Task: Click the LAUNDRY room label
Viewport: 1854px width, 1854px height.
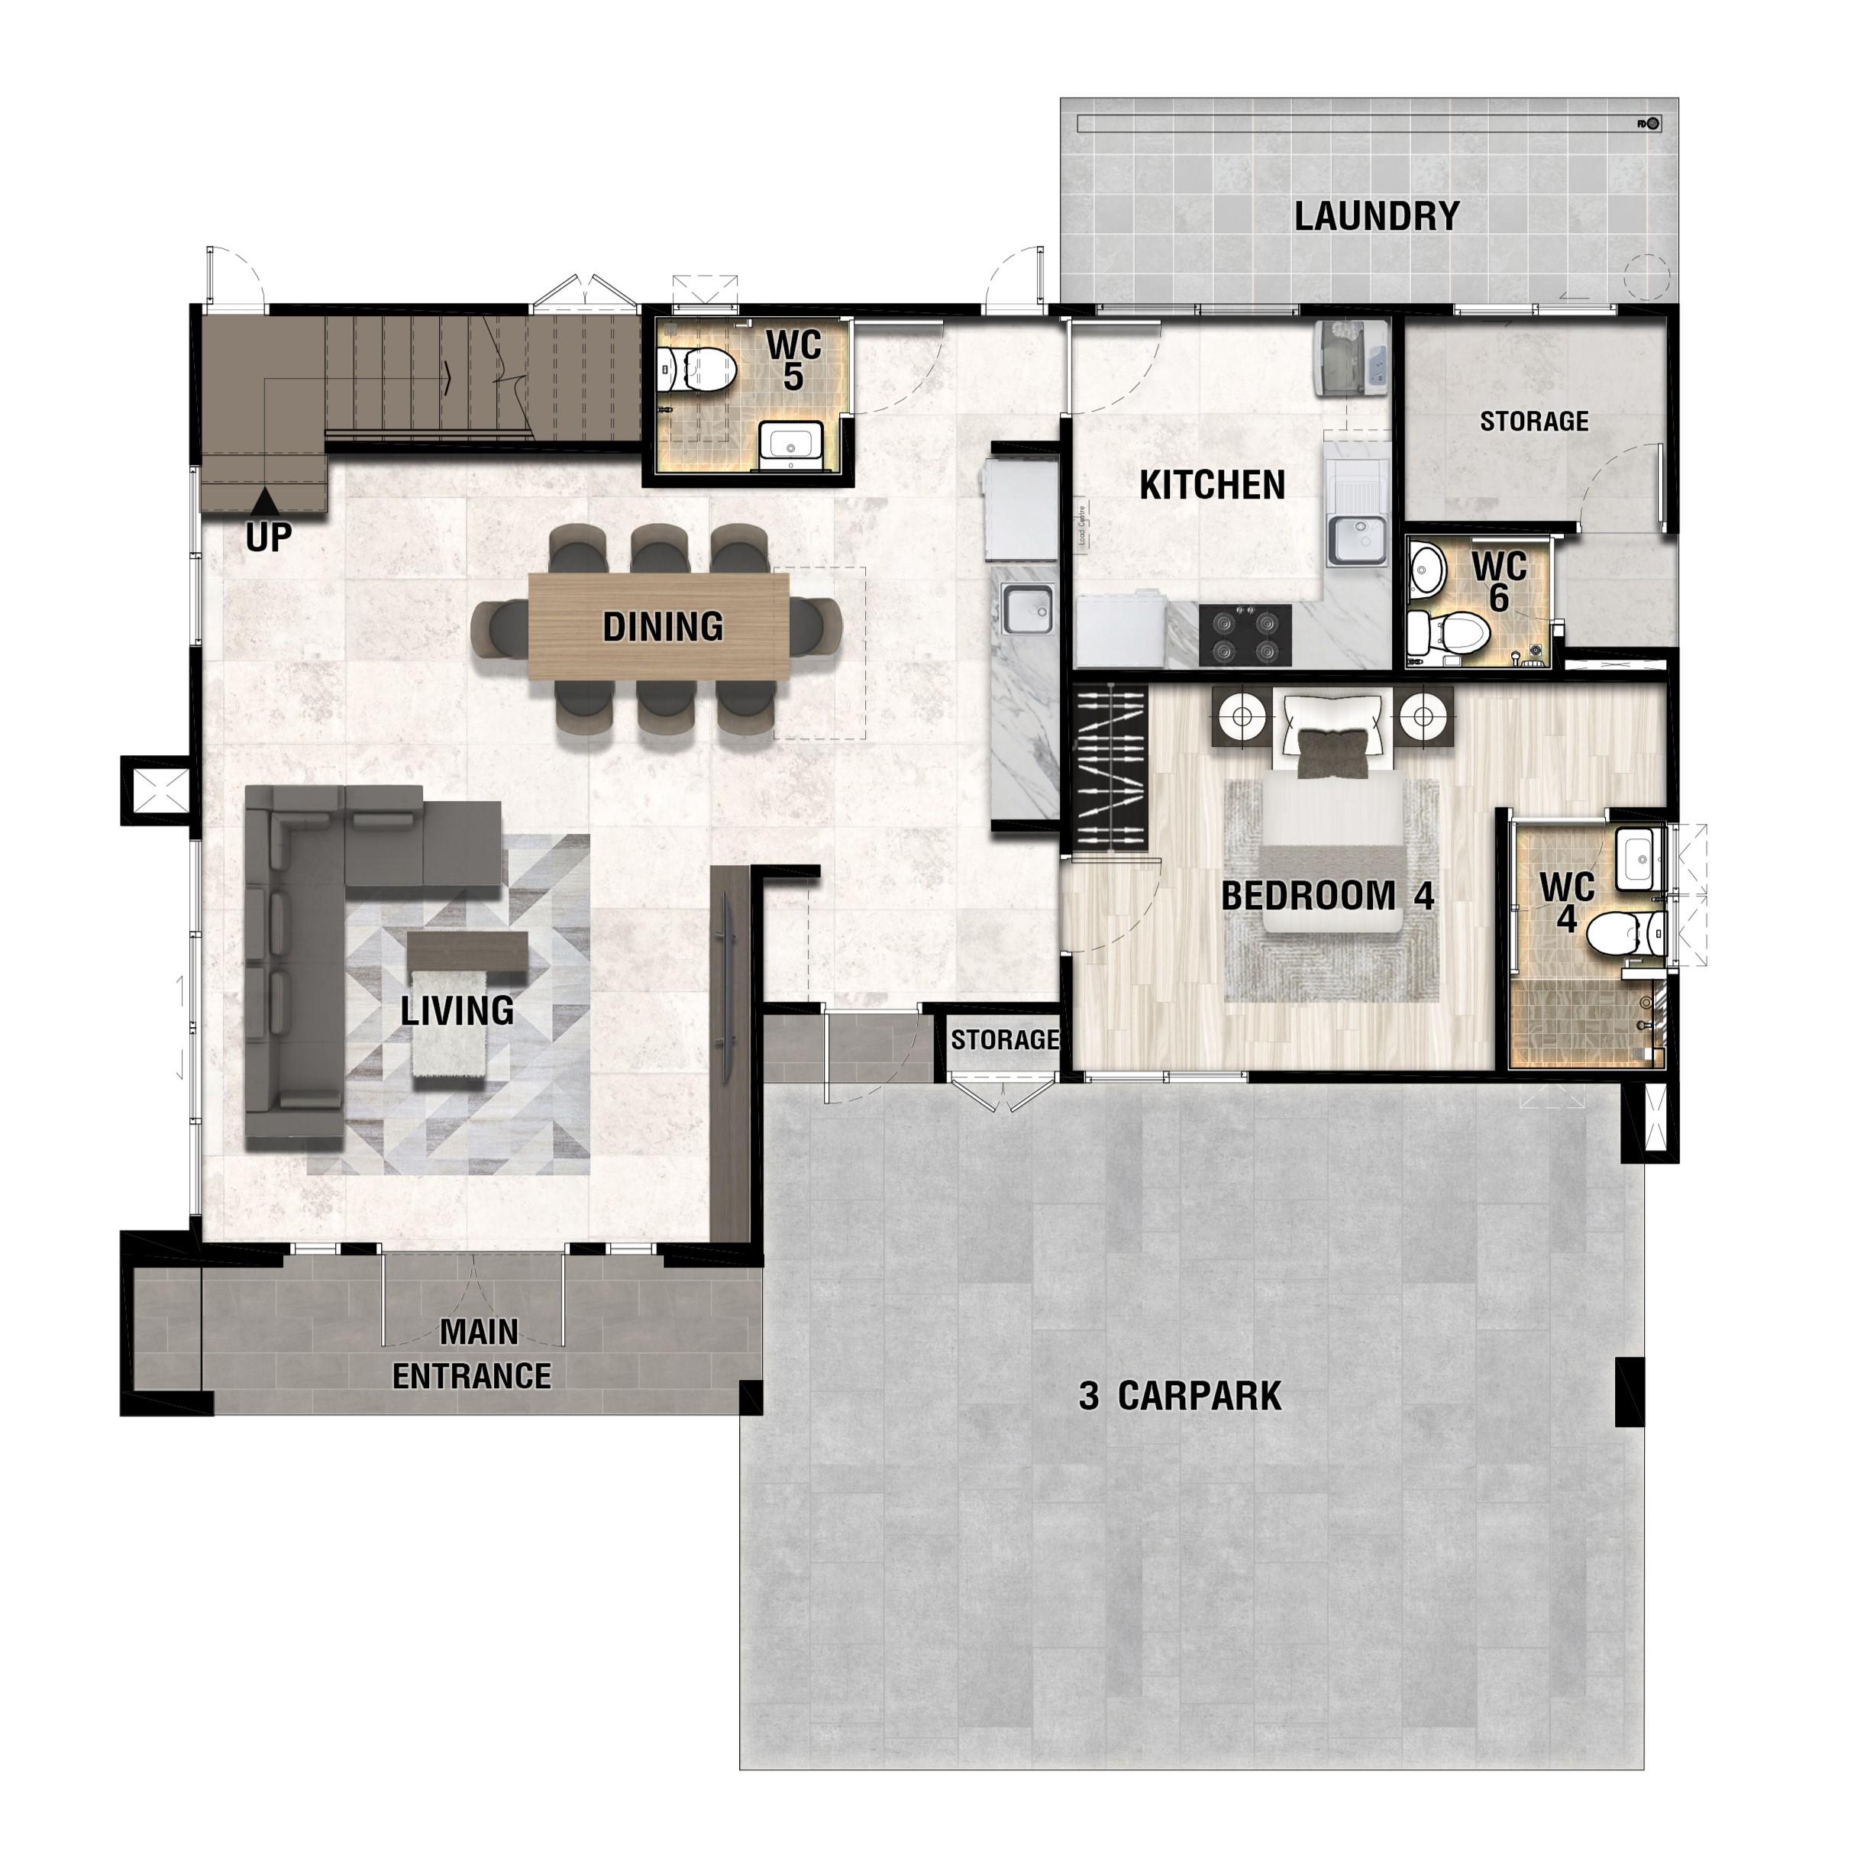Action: click(x=1376, y=217)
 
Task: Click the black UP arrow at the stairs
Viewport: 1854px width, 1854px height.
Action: click(x=266, y=499)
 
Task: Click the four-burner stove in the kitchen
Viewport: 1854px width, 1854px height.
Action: click(x=1245, y=635)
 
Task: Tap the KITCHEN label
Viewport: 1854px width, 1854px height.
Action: click(x=1212, y=485)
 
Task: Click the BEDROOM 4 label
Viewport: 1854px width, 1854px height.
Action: click(x=1327, y=896)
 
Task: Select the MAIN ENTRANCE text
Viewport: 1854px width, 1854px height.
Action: click(x=472, y=1354)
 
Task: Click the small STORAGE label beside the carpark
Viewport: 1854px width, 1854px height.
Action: click(x=1005, y=1039)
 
